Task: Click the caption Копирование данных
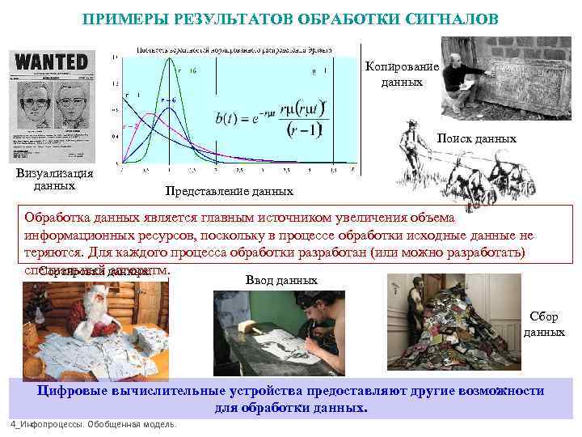[402, 74]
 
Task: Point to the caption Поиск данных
[477, 138]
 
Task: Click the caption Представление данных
[229, 192]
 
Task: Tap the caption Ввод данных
[280, 280]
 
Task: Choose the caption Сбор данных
[543, 325]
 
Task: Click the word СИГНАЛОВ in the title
[449, 18]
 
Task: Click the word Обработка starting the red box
[53, 218]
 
